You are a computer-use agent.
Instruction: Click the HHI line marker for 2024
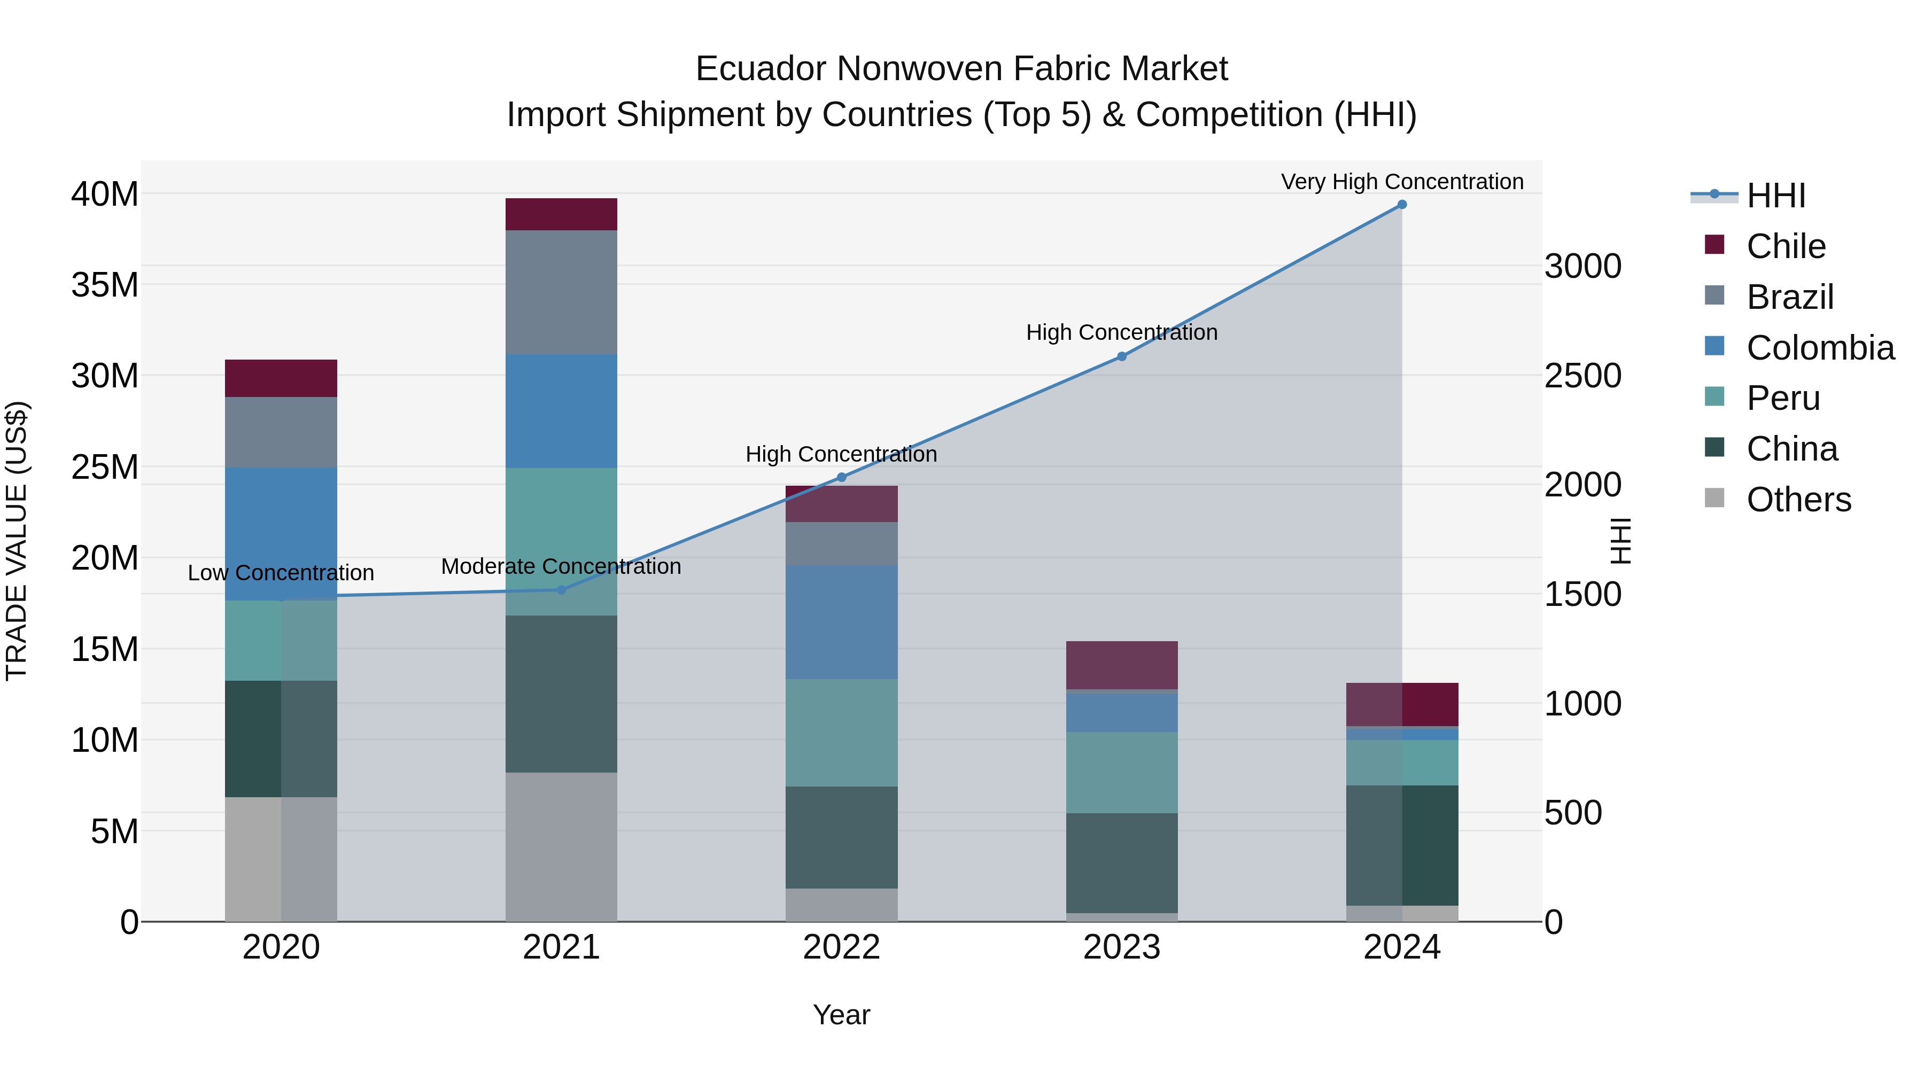coord(1402,205)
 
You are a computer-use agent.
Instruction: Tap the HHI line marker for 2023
coord(1122,357)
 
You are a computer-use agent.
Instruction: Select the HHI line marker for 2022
coord(842,477)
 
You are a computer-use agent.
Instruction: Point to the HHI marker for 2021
coord(562,590)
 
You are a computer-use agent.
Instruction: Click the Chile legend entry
coord(1785,246)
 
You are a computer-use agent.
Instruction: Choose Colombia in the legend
coord(1819,348)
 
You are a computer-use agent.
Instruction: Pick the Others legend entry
coord(1798,500)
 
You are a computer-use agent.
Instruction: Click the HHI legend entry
coord(1775,196)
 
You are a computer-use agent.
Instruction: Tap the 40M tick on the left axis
coord(105,194)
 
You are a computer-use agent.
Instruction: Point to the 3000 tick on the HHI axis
coord(1582,267)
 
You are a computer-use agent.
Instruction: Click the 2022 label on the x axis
coord(842,947)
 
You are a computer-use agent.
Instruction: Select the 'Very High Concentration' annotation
coord(1402,182)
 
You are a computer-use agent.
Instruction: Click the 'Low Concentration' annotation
coord(281,573)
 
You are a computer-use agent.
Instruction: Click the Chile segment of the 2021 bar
coord(562,214)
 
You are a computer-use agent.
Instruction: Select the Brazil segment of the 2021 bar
coord(562,292)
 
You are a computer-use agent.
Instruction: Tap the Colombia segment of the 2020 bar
coord(281,534)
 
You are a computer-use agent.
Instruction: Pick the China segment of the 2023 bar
coord(1122,862)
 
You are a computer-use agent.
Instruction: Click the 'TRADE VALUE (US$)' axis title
coord(17,541)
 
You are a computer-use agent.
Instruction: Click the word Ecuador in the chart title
coord(761,69)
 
